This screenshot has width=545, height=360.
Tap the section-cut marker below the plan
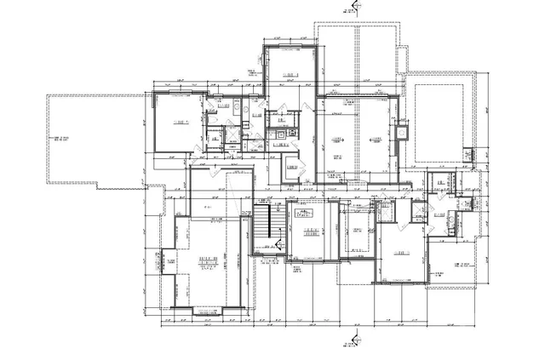coord(348,346)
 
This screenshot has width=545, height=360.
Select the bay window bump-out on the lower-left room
coord(166,263)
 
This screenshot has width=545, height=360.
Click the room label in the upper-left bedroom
coord(181,124)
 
